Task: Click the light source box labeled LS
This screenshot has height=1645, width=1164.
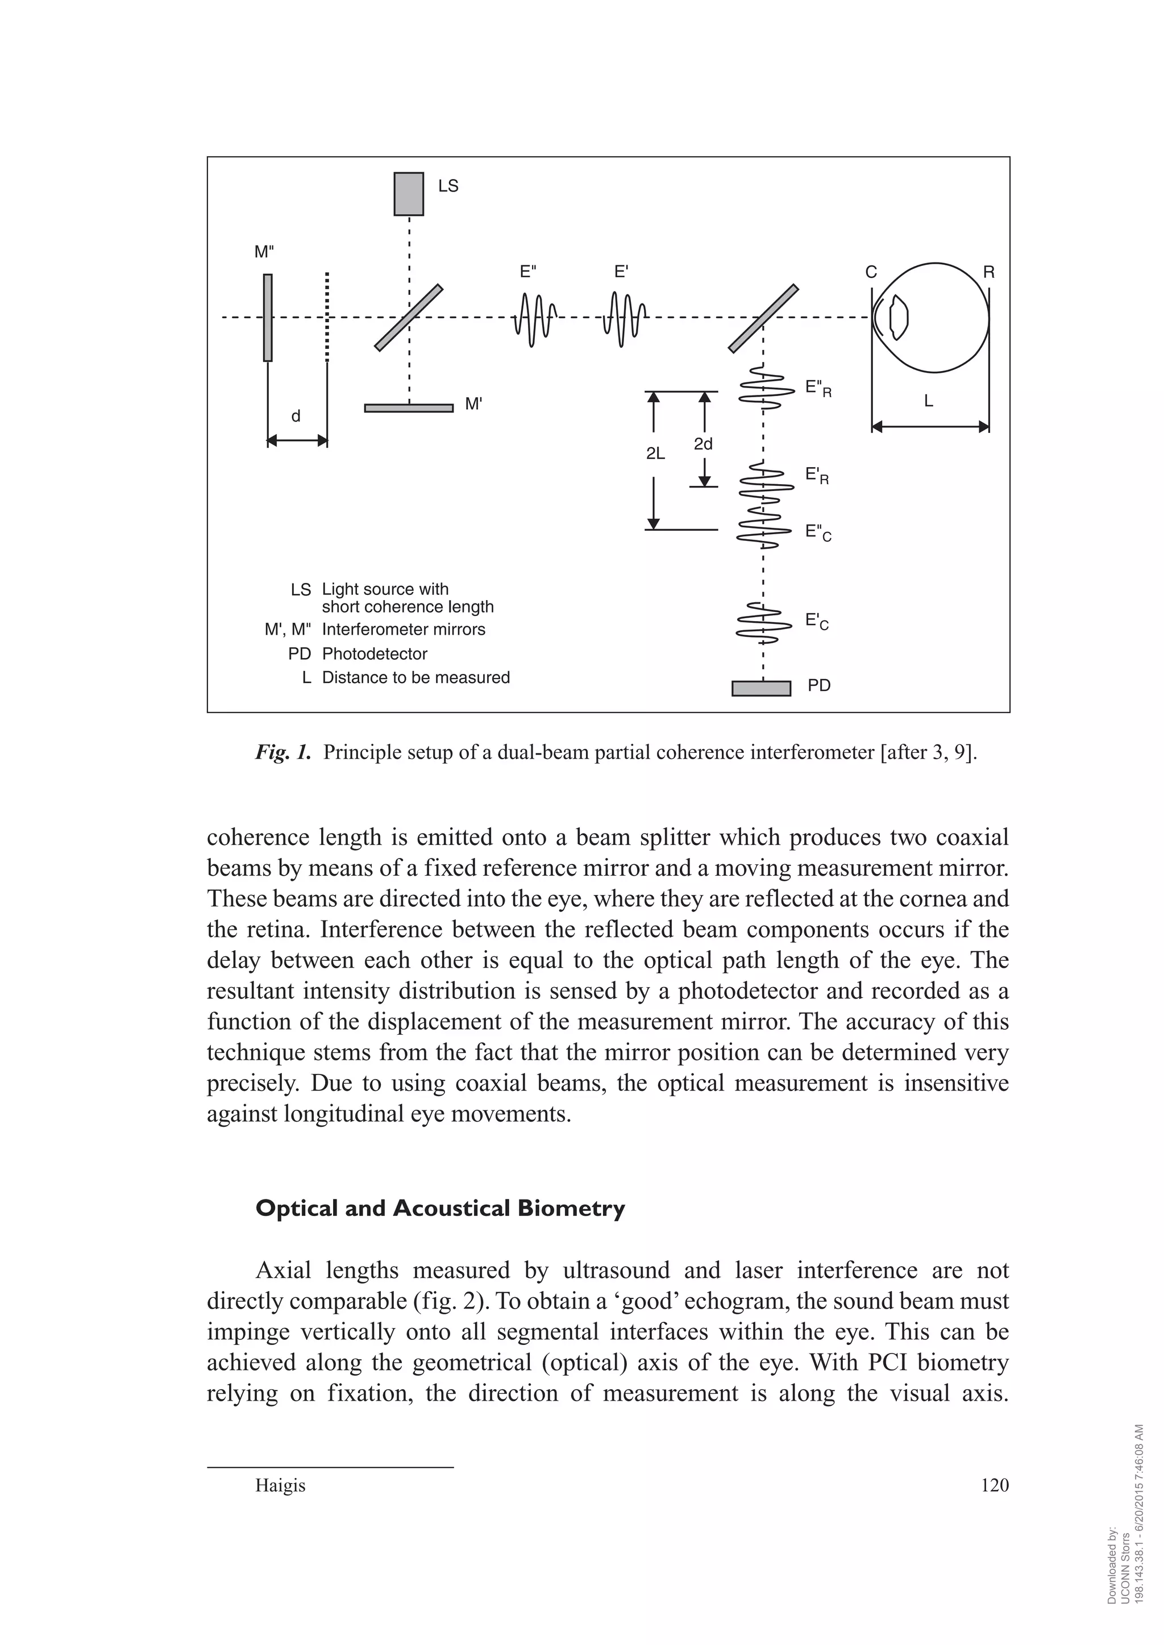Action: point(409,193)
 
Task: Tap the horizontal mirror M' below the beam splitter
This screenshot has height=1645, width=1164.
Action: point(409,409)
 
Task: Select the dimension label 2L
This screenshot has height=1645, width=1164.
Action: point(656,453)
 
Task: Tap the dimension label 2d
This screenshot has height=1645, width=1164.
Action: point(704,444)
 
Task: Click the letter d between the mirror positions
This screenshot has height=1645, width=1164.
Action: point(296,417)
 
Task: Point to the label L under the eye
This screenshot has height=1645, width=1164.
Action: point(928,402)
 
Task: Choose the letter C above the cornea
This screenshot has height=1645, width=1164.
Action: point(871,272)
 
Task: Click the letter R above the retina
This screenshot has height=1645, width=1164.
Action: point(988,272)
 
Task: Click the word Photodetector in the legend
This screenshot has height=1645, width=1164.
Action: point(375,654)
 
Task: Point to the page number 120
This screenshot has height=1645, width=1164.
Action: point(994,1485)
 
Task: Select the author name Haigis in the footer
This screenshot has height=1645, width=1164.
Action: point(280,1486)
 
